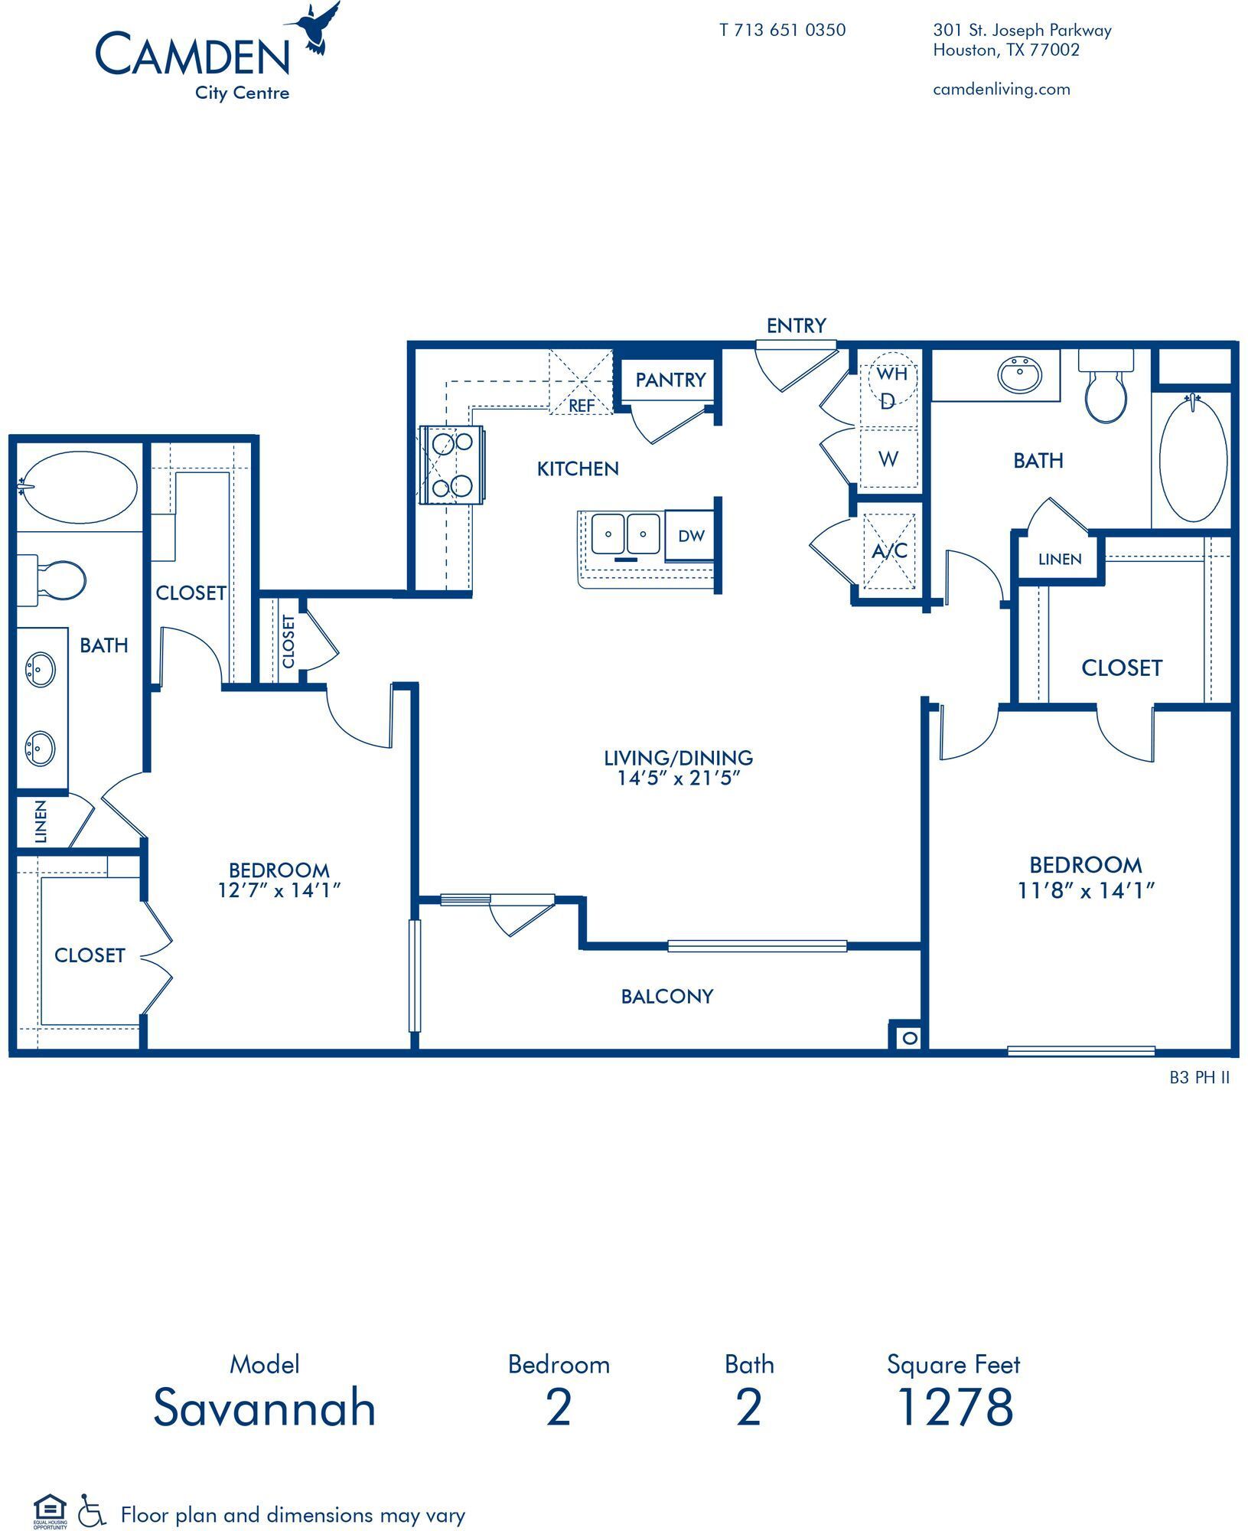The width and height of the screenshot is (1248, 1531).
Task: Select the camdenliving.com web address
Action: (1001, 90)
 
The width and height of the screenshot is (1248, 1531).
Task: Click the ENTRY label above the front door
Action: (796, 326)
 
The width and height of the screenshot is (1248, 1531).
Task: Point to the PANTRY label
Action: (670, 380)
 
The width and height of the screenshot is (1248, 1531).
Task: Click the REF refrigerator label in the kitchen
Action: (582, 406)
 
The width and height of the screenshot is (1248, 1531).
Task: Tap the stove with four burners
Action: (452, 465)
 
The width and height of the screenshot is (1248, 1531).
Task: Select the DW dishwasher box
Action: (690, 537)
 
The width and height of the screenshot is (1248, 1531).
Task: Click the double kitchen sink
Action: (625, 534)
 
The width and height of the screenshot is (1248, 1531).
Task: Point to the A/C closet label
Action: (889, 550)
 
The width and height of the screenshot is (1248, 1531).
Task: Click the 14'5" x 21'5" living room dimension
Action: (678, 779)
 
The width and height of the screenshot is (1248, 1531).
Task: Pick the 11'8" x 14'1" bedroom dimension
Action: (1085, 890)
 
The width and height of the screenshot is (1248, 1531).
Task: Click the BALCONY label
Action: (666, 996)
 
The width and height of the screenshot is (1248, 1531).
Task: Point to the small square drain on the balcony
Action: (908, 1038)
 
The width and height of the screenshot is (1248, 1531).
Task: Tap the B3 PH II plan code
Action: (1199, 1078)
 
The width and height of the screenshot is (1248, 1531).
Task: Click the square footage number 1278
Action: (954, 1406)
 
